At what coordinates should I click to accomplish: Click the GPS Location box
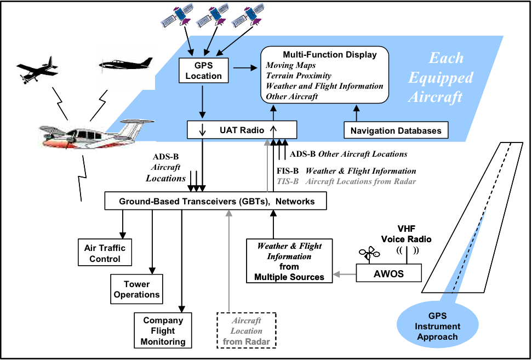tap(203, 71)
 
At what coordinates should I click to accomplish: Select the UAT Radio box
tap(242, 130)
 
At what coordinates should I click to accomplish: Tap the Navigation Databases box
tap(396, 130)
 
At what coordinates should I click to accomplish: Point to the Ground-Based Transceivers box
tap(216, 201)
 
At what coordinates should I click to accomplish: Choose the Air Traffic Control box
tap(105, 253)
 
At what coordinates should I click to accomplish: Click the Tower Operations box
tap(136, 289)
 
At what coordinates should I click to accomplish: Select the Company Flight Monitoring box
tap(163, 331)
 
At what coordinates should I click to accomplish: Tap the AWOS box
tap(389, 273)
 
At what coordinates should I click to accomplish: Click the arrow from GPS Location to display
tap(244, 68)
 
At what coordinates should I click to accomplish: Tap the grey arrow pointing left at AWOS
tap(344, 273)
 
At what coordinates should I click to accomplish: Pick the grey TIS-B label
tap(287, 181)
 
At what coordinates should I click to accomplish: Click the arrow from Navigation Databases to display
tap(357, 113)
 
